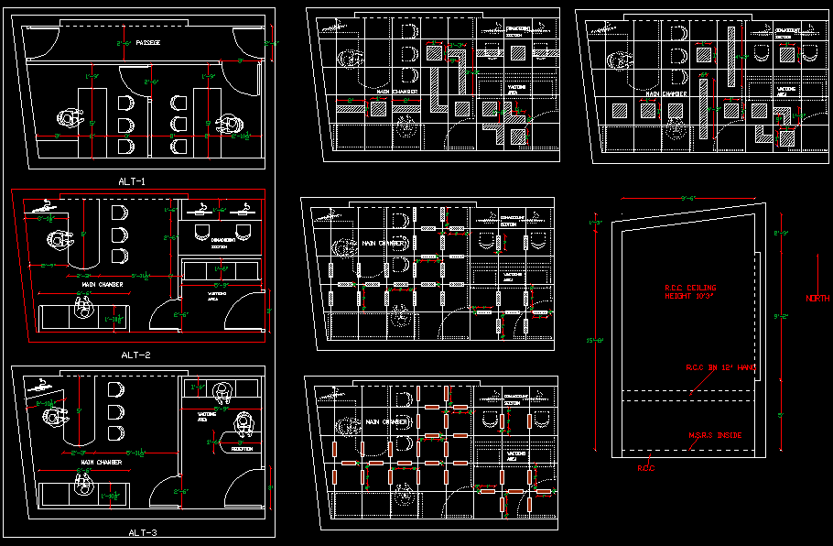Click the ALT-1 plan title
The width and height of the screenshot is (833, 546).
coord(132,181)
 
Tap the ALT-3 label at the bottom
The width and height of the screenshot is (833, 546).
coord(143,532)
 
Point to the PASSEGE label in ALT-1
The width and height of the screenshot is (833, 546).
coord(147,42)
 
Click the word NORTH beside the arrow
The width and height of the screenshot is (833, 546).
coord(817,299)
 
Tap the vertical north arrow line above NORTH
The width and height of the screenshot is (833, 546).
coord(818,271)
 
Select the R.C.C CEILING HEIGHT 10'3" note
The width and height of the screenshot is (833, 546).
coord(690,292)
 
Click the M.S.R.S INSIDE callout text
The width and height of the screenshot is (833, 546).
coord(715,434)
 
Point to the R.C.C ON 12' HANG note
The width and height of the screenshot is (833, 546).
coord(719,366)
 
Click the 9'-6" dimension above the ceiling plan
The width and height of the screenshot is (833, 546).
coord(689,197)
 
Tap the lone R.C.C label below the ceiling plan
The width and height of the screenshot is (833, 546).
coord(646,468)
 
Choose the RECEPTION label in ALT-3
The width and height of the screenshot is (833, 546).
coord(243,450)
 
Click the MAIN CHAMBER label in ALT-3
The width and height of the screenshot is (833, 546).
coord(102,463)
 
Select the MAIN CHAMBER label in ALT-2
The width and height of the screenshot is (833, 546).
coord(103,285)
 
